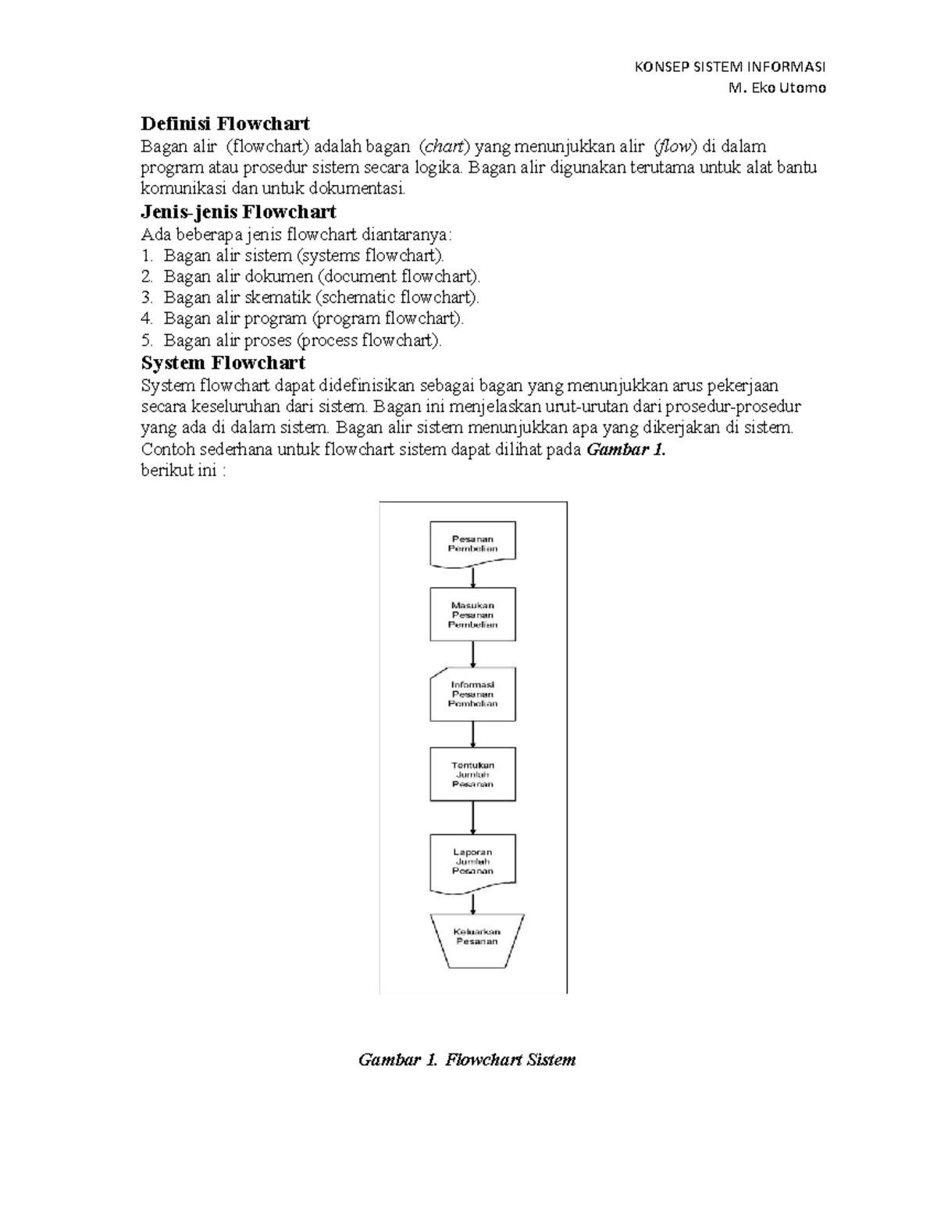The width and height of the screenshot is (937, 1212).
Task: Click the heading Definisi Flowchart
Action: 225,124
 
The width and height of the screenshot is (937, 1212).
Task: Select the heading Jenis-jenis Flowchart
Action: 238,212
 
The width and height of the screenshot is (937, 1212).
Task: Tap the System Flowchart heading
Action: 223,363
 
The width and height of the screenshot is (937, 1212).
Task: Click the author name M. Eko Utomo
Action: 776,87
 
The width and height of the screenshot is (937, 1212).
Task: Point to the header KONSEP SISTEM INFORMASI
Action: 731,66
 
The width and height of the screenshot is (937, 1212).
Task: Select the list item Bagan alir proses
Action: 302,340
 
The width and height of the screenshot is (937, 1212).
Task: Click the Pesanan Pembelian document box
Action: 472,543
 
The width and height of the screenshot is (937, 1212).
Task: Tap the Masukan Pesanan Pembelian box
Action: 472,614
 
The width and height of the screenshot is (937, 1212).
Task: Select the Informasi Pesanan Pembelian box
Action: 472,694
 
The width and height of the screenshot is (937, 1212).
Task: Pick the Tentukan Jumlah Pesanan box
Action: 472,774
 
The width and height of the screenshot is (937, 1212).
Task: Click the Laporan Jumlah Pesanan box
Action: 472,862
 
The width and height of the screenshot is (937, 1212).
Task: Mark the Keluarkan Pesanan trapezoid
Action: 476,940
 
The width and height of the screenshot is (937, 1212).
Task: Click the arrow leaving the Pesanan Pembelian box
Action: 473,578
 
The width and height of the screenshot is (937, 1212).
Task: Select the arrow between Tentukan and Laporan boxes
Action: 473,817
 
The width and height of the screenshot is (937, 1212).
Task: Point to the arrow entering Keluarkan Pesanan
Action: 473,903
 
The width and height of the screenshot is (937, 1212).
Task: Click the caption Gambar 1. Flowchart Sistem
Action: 466,1060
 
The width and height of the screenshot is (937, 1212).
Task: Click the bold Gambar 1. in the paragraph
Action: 625,450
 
